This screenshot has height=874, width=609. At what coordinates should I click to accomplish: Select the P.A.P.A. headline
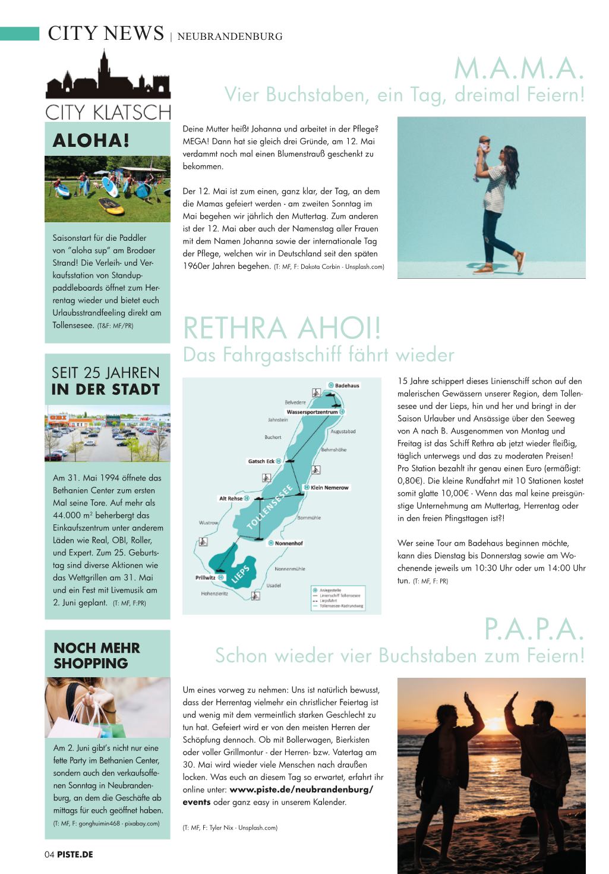click(x=534, y=630)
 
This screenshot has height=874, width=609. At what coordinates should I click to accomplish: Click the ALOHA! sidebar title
click(x=91, y=140)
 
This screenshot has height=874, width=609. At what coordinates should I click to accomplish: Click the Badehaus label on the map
click(x=347, y=385)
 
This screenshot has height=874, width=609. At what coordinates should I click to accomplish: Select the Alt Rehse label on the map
click(x=231, y=498)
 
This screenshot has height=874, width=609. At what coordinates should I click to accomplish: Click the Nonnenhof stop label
click(x=289, y=543)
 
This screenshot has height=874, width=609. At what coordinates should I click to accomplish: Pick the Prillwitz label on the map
click(x=206, y=577)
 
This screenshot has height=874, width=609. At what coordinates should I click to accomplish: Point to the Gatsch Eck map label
click(x=261, y=461)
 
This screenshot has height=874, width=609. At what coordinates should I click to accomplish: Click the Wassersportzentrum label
click(x=312, y=411)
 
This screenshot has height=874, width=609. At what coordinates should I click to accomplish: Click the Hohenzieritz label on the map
click(x=214, y=593)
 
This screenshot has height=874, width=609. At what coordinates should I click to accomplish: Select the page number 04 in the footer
click(x=49, y=854)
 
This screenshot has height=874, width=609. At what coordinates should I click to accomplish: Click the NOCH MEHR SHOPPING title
click(x=96, y=655)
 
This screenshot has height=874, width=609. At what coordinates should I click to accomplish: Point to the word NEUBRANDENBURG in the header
click(x=229, y=36)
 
